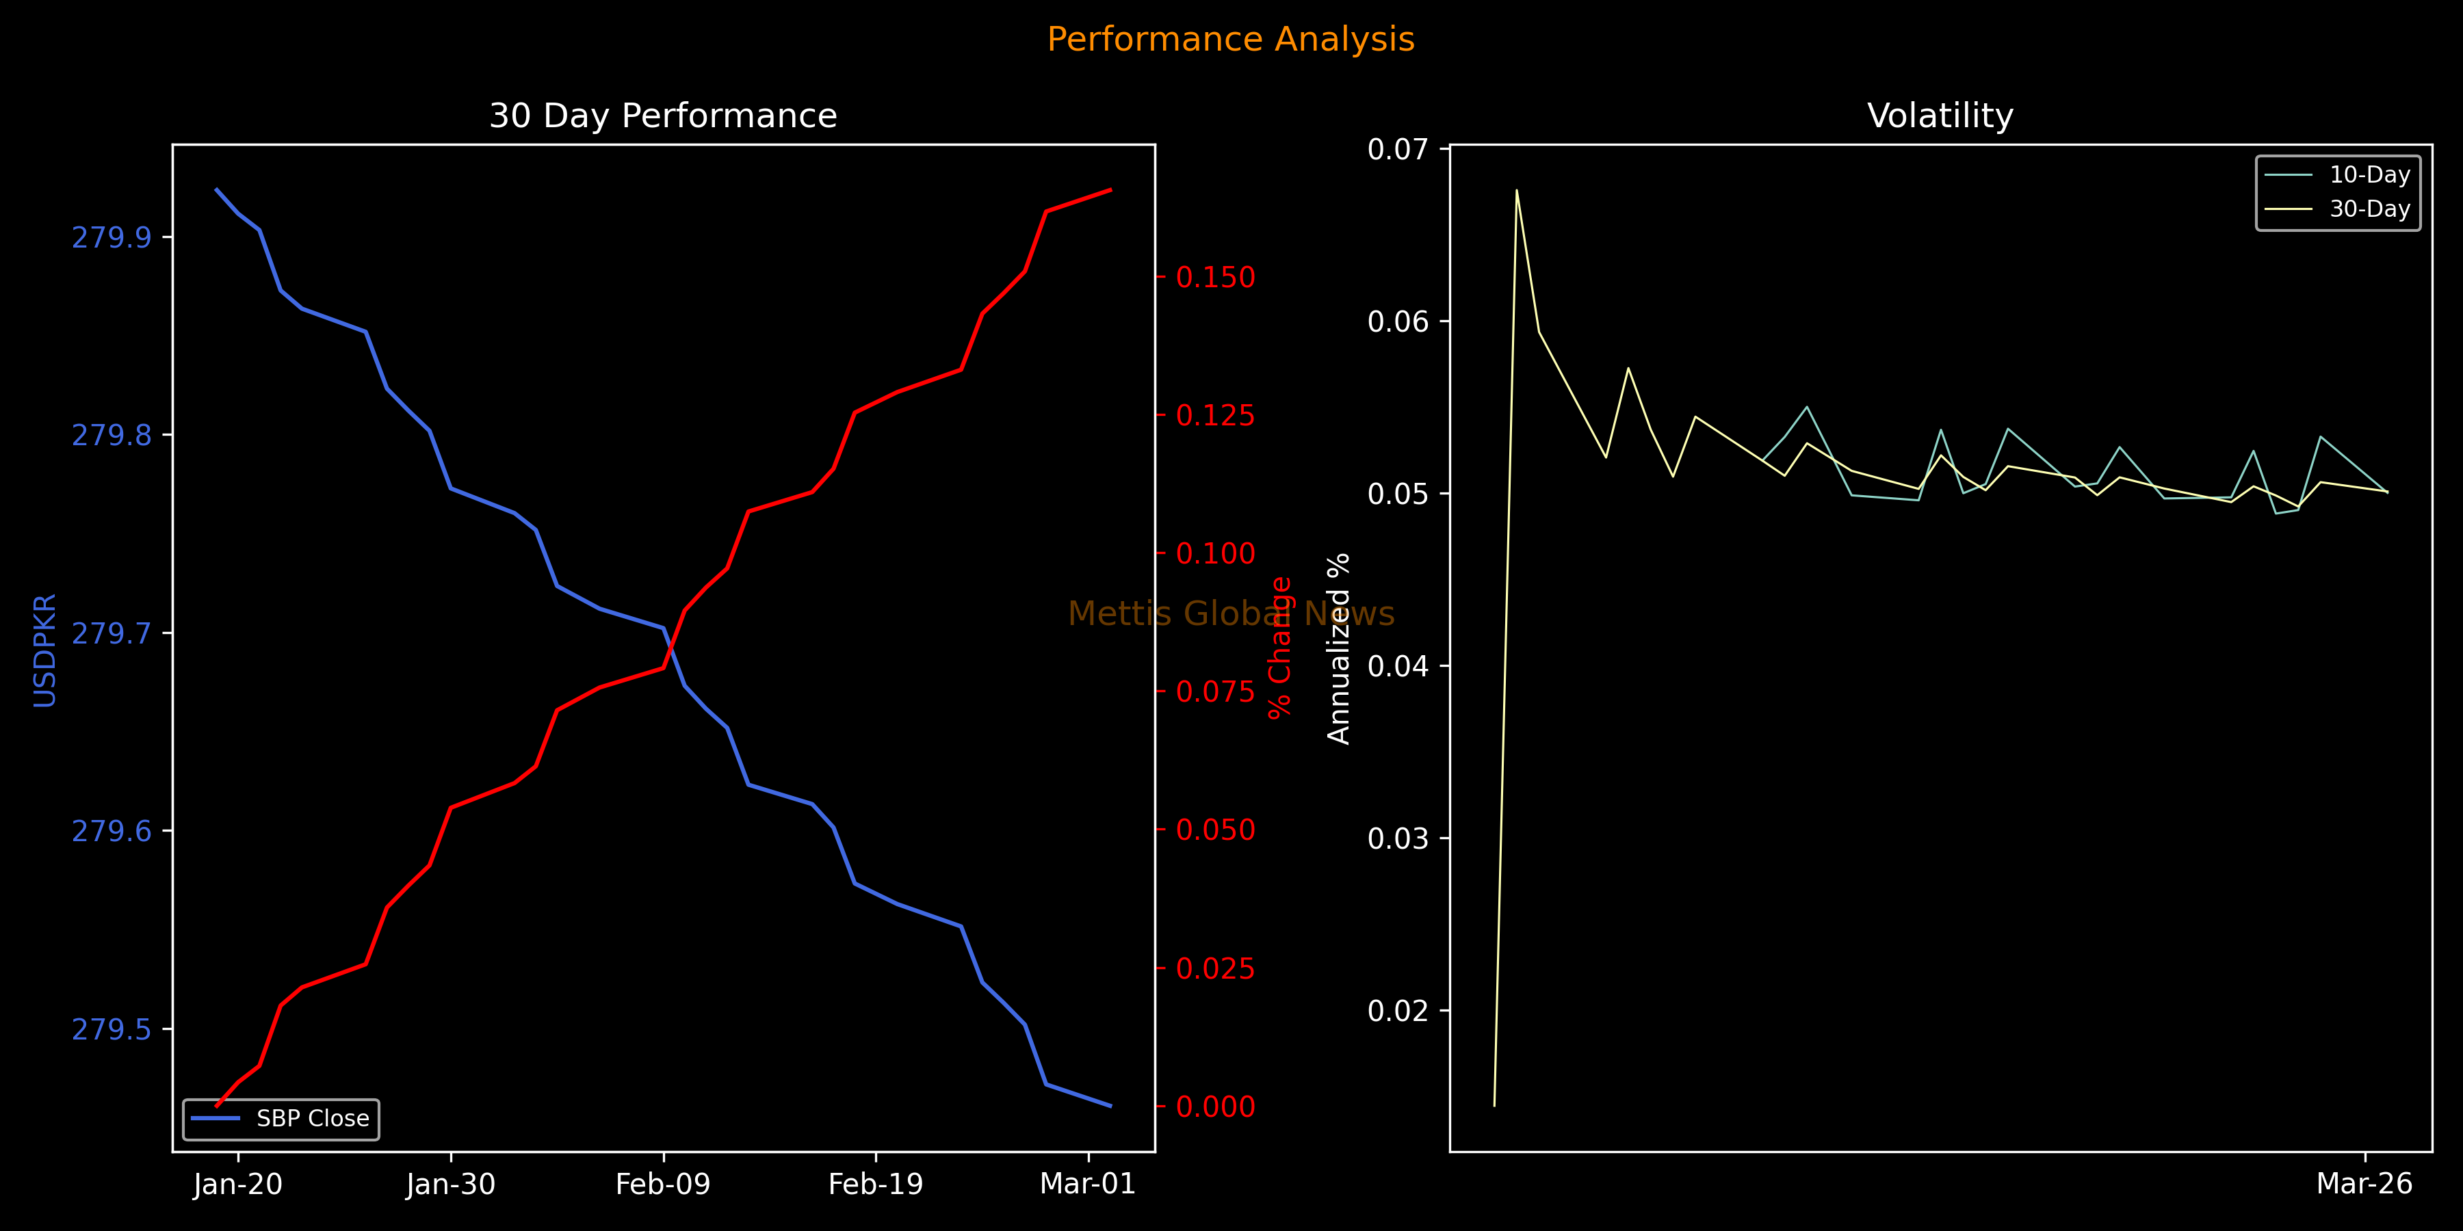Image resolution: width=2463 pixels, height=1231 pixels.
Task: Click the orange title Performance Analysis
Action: pos(1231,39)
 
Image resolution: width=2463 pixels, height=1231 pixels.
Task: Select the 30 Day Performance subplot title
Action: pos(662,116)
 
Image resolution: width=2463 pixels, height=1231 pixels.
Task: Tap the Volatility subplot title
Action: pos(1940,116)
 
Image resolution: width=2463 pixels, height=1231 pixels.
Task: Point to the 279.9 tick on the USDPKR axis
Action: pos(112,237)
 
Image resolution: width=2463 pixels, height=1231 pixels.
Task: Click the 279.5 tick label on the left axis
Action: pos(112,1029)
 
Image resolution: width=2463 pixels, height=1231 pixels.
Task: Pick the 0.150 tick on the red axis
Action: pos(1215,277)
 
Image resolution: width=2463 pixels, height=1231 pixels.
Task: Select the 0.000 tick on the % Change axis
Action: pos(1215,1107)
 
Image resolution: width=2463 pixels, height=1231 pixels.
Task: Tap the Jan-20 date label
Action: pos(238,1184)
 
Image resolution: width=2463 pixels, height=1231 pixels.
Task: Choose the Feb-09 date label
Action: pos(662,1184)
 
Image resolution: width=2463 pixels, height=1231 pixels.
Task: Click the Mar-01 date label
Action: pos(1087,1184)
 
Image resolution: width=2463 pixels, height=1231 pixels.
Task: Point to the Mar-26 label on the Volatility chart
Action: pos(2364,1184)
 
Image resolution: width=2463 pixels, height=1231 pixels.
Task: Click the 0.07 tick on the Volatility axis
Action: pos(1397,149)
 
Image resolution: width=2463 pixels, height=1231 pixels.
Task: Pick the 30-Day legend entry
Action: pos(2369,209)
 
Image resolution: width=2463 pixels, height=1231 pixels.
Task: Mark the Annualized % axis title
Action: pos(1339,648)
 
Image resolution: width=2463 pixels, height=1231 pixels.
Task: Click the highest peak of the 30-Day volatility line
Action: pos(1516,190)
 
